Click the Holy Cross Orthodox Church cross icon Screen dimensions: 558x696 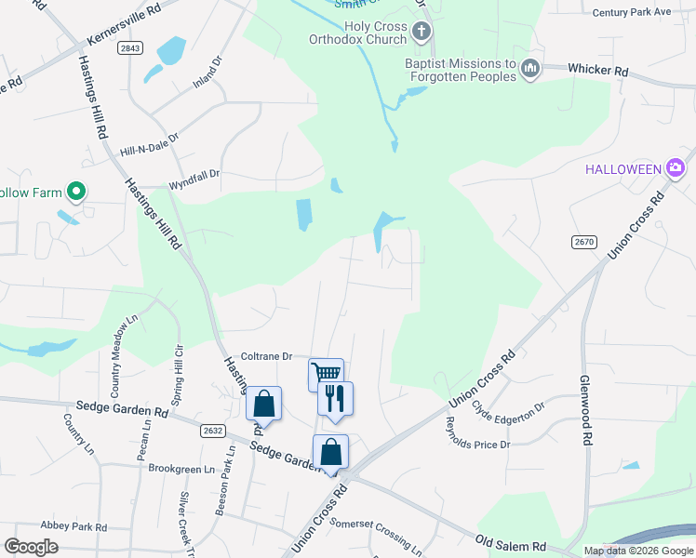coord(421,33)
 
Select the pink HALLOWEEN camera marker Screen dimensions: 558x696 coord(676,168)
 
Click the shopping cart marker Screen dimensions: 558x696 coord(326,374)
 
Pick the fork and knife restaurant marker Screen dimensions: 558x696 coord(335,397)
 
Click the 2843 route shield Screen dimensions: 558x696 coord(130,48)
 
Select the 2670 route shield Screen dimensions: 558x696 coord(583,242)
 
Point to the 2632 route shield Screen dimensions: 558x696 coord(212,430)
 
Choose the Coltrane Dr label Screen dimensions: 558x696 coord(267,355)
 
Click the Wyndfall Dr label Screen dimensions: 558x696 coord(194,174)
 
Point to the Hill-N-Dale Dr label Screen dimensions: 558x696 coord(149,150)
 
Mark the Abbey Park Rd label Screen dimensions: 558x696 coord(74,527)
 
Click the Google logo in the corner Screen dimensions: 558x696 coord(32,547)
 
